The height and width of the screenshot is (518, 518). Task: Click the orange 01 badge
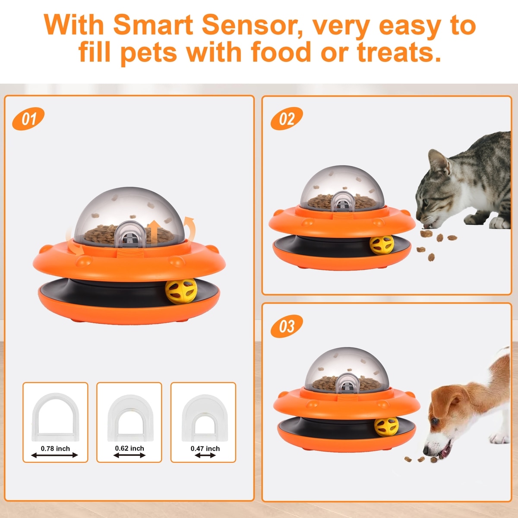[x=28, y=119]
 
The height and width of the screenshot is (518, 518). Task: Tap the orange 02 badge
[x=287, y=119]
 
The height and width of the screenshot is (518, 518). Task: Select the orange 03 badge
[x=287, y=326]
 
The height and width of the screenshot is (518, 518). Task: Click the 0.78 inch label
[x=55, y=449]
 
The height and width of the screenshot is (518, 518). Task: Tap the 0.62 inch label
[x=129, y=449]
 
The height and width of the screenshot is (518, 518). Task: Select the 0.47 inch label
[x=205, y=449]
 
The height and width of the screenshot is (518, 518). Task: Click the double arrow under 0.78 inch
[x=54, y=455]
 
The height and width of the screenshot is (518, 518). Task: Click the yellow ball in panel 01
[x=181, y=291]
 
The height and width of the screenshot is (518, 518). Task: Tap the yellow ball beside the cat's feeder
[x=382, y=245]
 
